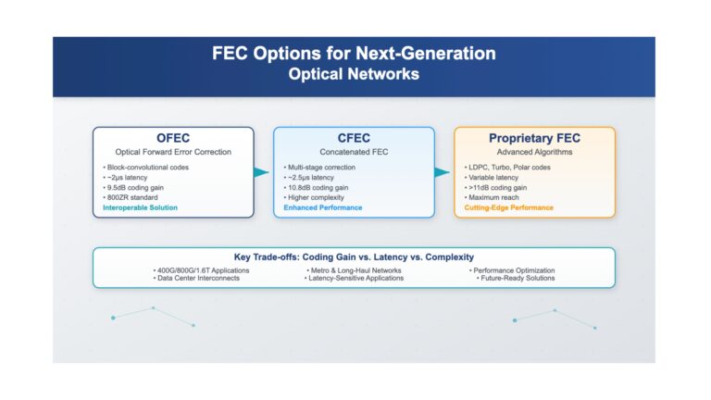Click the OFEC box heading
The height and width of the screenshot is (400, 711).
click(x=173, y=138)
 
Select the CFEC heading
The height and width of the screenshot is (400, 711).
click(x=354, y=138)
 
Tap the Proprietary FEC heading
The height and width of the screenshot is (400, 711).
click(x=534, y=138)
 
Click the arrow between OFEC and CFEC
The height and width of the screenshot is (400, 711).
click(x=261, y=172)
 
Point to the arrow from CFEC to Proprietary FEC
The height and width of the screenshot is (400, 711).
click(x=442, y=172)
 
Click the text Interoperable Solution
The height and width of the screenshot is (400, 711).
click(x=140, y=207)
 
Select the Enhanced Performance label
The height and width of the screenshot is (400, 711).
click(x=323, y=207)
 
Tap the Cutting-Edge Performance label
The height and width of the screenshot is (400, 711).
click(x=509, y=207)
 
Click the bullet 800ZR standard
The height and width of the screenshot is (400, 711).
click(x=131, y=198)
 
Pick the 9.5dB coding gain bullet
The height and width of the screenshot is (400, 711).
click(x=133, y=188)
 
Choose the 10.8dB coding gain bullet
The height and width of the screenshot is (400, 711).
click(x=316, y=188)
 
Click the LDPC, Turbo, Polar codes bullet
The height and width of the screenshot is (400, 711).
click(x=507, y=168)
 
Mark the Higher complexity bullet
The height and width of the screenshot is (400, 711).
click(x=314, y=198)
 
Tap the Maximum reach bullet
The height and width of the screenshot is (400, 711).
click(x=492, y=198)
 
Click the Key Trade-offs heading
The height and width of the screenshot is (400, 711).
click(x=354, y=257)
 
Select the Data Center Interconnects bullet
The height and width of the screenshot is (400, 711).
click(x=196, y=278)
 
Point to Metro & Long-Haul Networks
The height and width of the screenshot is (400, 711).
click(x=355, y=270)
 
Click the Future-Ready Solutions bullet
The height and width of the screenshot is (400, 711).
click(x=516, y=278)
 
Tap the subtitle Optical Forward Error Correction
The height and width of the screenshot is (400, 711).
click(x=173, y=152)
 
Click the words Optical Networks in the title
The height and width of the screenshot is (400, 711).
click(x=354, y=74)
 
